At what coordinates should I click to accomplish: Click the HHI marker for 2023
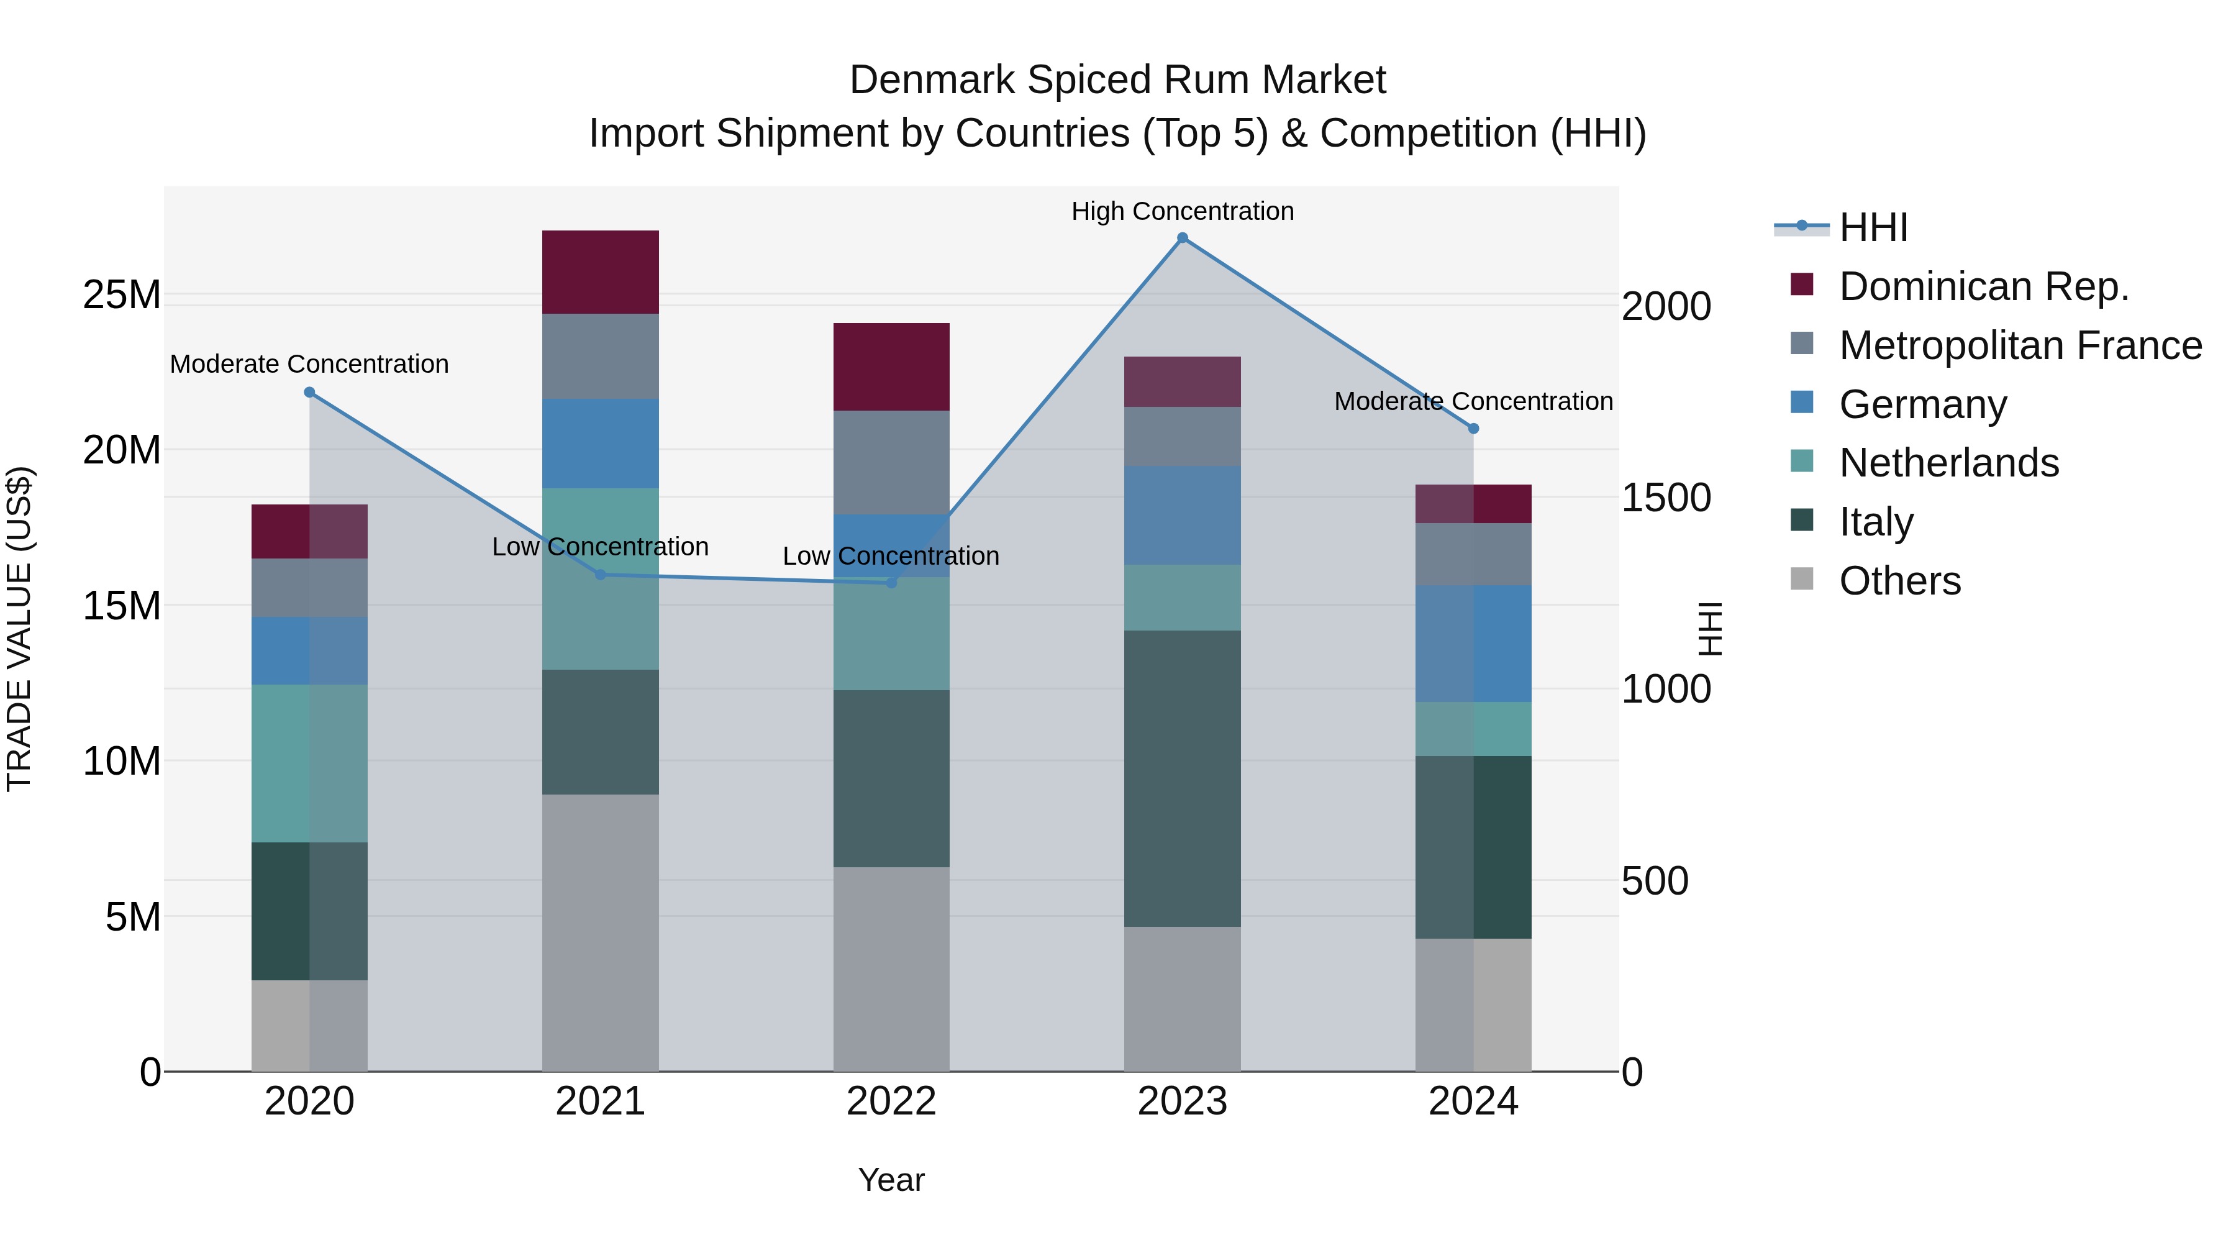click(1182, 238)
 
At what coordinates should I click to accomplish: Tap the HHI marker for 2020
click(309, 393)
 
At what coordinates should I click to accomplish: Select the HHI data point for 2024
click(1473, 429)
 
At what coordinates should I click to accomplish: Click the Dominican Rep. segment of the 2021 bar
click(600, 271)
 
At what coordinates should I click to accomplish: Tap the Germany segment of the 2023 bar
click(1182, 515)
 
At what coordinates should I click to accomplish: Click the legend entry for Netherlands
click(1948, 463)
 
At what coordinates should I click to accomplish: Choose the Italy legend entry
click(1876, 522)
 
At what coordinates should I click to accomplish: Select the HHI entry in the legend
click(1873, 227)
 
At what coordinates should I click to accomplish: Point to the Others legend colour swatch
click(1802, 578)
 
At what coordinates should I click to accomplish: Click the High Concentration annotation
click(1182, 211)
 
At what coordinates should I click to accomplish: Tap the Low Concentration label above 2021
click(600, 547)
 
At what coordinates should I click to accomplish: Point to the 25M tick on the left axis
click(122, 295)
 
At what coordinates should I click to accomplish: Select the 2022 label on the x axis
click(891, 1101)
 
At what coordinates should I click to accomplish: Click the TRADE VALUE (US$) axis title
click(19, 629)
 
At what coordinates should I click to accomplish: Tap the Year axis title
click(891, 1180)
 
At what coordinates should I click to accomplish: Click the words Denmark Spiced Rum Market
click(1117, 80)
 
